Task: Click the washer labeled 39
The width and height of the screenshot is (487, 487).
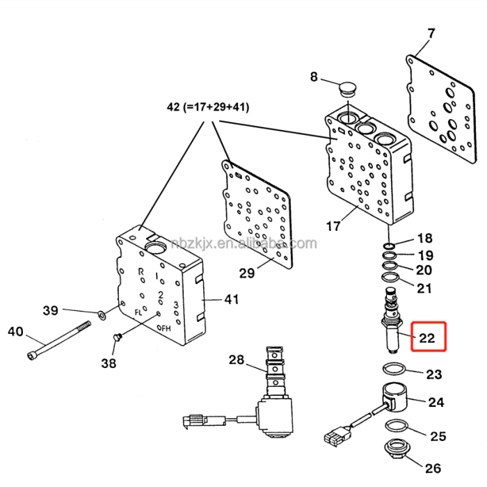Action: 102,315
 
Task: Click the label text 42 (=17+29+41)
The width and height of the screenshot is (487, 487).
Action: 208,108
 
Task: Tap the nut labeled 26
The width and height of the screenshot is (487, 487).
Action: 399,450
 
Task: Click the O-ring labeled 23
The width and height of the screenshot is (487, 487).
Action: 393,369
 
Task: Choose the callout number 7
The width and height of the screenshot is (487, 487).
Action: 431,33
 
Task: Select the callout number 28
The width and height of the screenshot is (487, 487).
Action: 237,360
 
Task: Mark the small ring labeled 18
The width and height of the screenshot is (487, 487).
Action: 390,245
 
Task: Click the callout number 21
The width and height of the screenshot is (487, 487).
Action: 424,288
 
